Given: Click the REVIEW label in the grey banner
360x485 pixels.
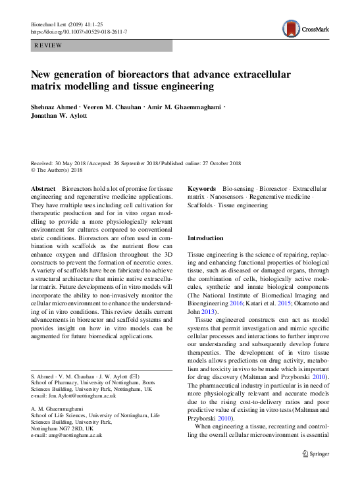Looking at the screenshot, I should click(47, 45).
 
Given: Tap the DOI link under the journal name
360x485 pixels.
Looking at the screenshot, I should click(80, 32).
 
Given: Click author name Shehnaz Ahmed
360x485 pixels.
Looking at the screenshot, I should click(55, 105).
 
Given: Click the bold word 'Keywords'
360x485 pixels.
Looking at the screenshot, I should click(203, 188).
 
